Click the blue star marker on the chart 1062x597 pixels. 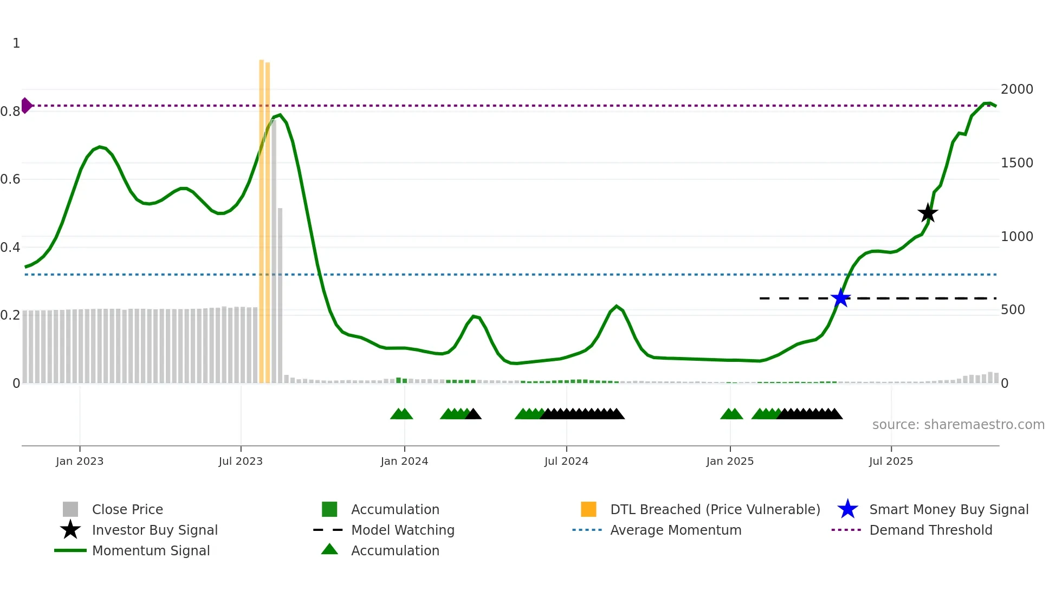[840, 298]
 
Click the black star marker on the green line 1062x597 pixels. [928, 213]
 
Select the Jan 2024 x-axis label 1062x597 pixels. [404, 461]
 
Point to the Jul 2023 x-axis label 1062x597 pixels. [241, 461]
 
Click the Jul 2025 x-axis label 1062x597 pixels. [891, 461]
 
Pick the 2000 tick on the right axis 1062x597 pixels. [1016, 89]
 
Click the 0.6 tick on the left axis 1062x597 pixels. [10, 179]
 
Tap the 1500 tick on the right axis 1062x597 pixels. [1016, 163]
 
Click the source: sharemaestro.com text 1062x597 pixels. [958, 425]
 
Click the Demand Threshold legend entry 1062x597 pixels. [930, 530]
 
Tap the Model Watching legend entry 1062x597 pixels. [402, 530]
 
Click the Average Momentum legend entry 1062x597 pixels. [675, 530]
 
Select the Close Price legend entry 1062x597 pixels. [127, 509]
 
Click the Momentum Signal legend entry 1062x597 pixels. [151, 550]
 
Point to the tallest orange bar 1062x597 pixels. [261, 217]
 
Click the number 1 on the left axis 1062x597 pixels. [16, 43]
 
